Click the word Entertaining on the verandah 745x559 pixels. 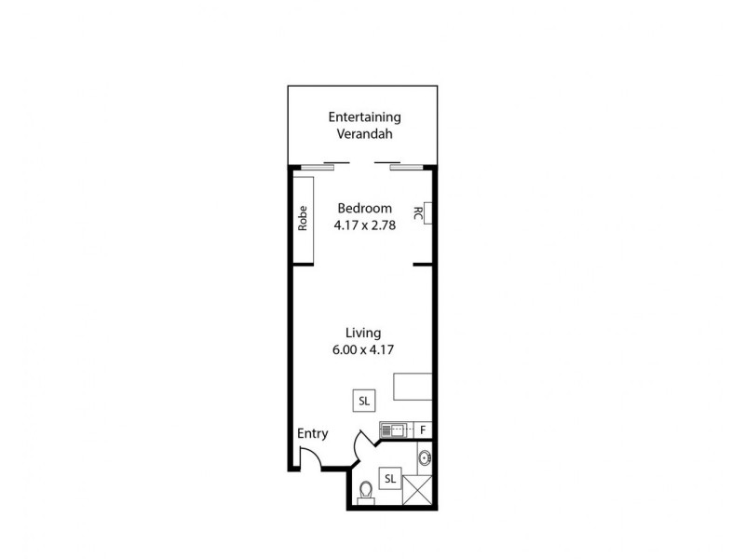click(365, 117)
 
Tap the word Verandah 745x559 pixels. click(365, 134)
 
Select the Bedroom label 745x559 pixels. click(364, 208)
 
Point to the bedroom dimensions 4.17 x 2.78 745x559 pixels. click(364, 225)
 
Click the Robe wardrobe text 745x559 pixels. click(303, 218)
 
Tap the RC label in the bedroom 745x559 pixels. click(417, 214)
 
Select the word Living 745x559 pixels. click(363, 333)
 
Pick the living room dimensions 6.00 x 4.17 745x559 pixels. click(363, 350)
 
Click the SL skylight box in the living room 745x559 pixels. click(364, 401)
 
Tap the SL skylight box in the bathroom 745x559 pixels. click(389, 479)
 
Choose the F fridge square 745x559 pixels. click(422, 429)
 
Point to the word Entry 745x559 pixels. click(312, 433)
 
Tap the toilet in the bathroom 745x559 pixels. click(366, 490)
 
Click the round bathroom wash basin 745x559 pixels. click(425, 457)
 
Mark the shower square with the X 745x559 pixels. click(419, 489)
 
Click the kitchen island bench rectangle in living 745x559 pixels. click(413, 386)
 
